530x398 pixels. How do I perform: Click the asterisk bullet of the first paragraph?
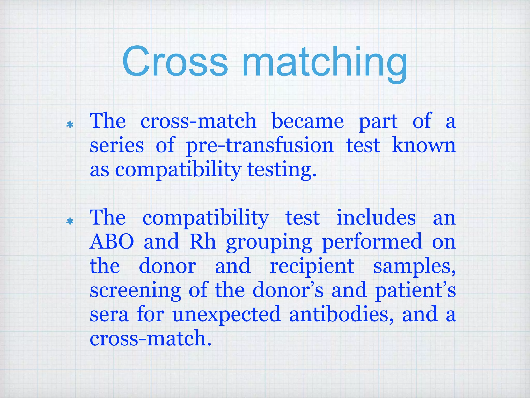[x=70, y=125]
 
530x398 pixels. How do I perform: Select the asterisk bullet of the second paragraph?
[x=70, y=221]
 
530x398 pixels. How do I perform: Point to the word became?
[x=308, y=121]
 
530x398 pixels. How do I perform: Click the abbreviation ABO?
[x=112, y=241]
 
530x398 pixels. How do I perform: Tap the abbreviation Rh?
[x=203, y=241]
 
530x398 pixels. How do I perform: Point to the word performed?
[x=372, y=241]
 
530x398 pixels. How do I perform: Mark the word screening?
[x=135, y=291]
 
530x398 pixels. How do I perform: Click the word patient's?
[x=415, y=291]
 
